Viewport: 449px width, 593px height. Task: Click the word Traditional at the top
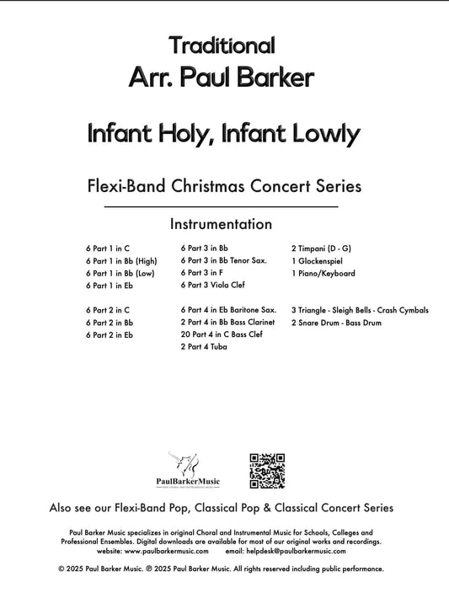(222, 45)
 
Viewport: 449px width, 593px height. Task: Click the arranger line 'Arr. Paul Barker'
(222, 78)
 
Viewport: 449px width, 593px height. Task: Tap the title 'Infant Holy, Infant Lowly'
(223, 133)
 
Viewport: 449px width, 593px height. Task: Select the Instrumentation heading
(221, 224)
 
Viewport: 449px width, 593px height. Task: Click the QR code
(266, 470)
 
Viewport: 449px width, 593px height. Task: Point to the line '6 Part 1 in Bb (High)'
(120, 261)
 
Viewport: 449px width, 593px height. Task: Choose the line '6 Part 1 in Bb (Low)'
(120, 274)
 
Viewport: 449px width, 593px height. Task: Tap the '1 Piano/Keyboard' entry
(323, 274)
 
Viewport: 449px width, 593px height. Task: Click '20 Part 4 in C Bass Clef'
(222, 334)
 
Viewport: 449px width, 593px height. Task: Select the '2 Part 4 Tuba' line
(203, 346)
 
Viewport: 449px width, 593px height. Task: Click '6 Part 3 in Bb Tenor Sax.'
(223, 261)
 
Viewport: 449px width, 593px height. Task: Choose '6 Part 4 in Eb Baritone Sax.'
(227, 310)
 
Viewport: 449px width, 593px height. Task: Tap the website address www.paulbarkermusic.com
(149, 551)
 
